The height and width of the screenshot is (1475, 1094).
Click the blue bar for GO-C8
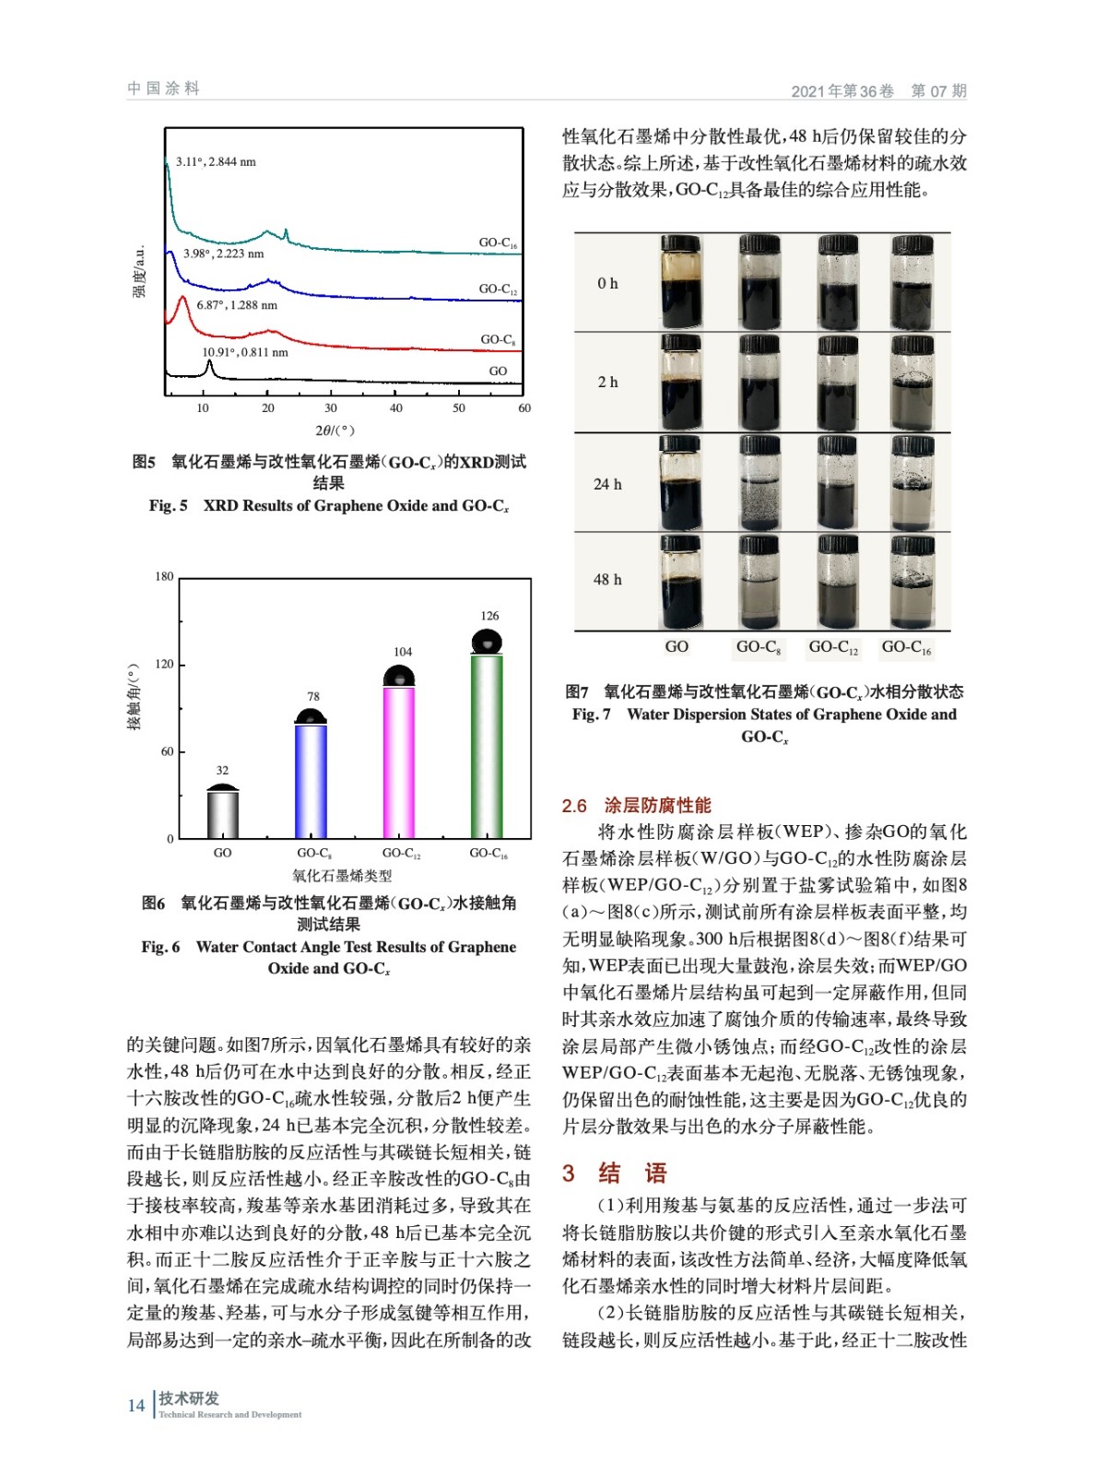point(311,782)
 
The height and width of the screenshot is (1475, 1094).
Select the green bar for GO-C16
point(487,747)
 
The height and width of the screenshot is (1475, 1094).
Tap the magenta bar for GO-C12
point(399,762)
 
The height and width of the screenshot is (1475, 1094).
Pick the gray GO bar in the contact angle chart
point(223,815)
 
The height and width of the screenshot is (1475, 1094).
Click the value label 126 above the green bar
point(489,616)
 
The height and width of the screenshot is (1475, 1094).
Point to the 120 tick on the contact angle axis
point(164,664)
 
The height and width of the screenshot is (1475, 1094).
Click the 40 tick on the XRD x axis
point(396,407)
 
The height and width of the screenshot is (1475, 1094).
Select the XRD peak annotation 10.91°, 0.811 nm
point(245,352)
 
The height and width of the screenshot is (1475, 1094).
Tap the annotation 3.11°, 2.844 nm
point(216,162)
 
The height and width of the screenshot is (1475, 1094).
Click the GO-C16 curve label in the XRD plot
point(498,243)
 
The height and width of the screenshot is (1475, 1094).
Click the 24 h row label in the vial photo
point(607,484)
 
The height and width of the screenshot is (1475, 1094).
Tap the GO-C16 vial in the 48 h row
point(912,582)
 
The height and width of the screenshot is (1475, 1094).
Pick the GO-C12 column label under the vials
point(833,647)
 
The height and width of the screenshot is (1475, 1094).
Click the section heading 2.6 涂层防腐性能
point(636,806)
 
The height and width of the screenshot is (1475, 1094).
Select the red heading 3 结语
point(614,1174)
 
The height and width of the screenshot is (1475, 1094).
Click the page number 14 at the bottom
point(136,1406)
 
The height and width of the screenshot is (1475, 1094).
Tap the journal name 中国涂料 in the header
point(163,88)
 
